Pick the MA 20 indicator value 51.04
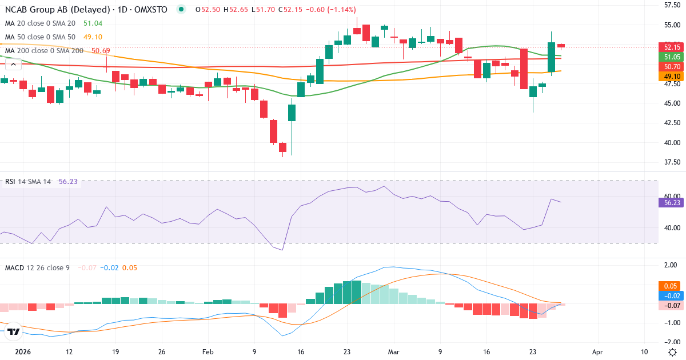click(93, 23)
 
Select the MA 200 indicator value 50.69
click(101, 51)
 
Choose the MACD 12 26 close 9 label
click(37, 267)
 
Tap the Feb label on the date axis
click(208, 352)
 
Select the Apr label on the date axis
click(597, 352)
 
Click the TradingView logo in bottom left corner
click(14, 331)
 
